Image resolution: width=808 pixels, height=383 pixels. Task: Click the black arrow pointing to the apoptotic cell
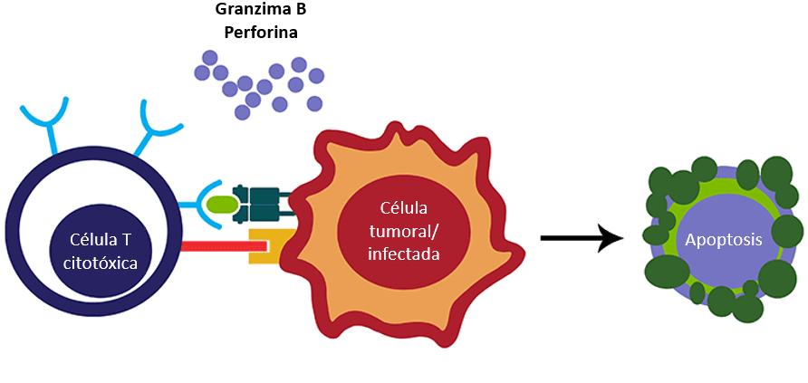[x=582, y=238]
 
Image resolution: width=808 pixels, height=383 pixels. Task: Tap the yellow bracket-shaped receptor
[x=271, y=246]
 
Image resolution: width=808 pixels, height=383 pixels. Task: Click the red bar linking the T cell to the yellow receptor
[x=225, y=246]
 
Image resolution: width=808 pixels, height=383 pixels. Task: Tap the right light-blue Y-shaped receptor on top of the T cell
[x=155, y=126]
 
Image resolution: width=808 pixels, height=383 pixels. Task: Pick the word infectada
[x=403, y=254]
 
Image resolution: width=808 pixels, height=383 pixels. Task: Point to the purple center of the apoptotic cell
[x=716, y=241]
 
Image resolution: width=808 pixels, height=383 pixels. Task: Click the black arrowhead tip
[x=624, y=238]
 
